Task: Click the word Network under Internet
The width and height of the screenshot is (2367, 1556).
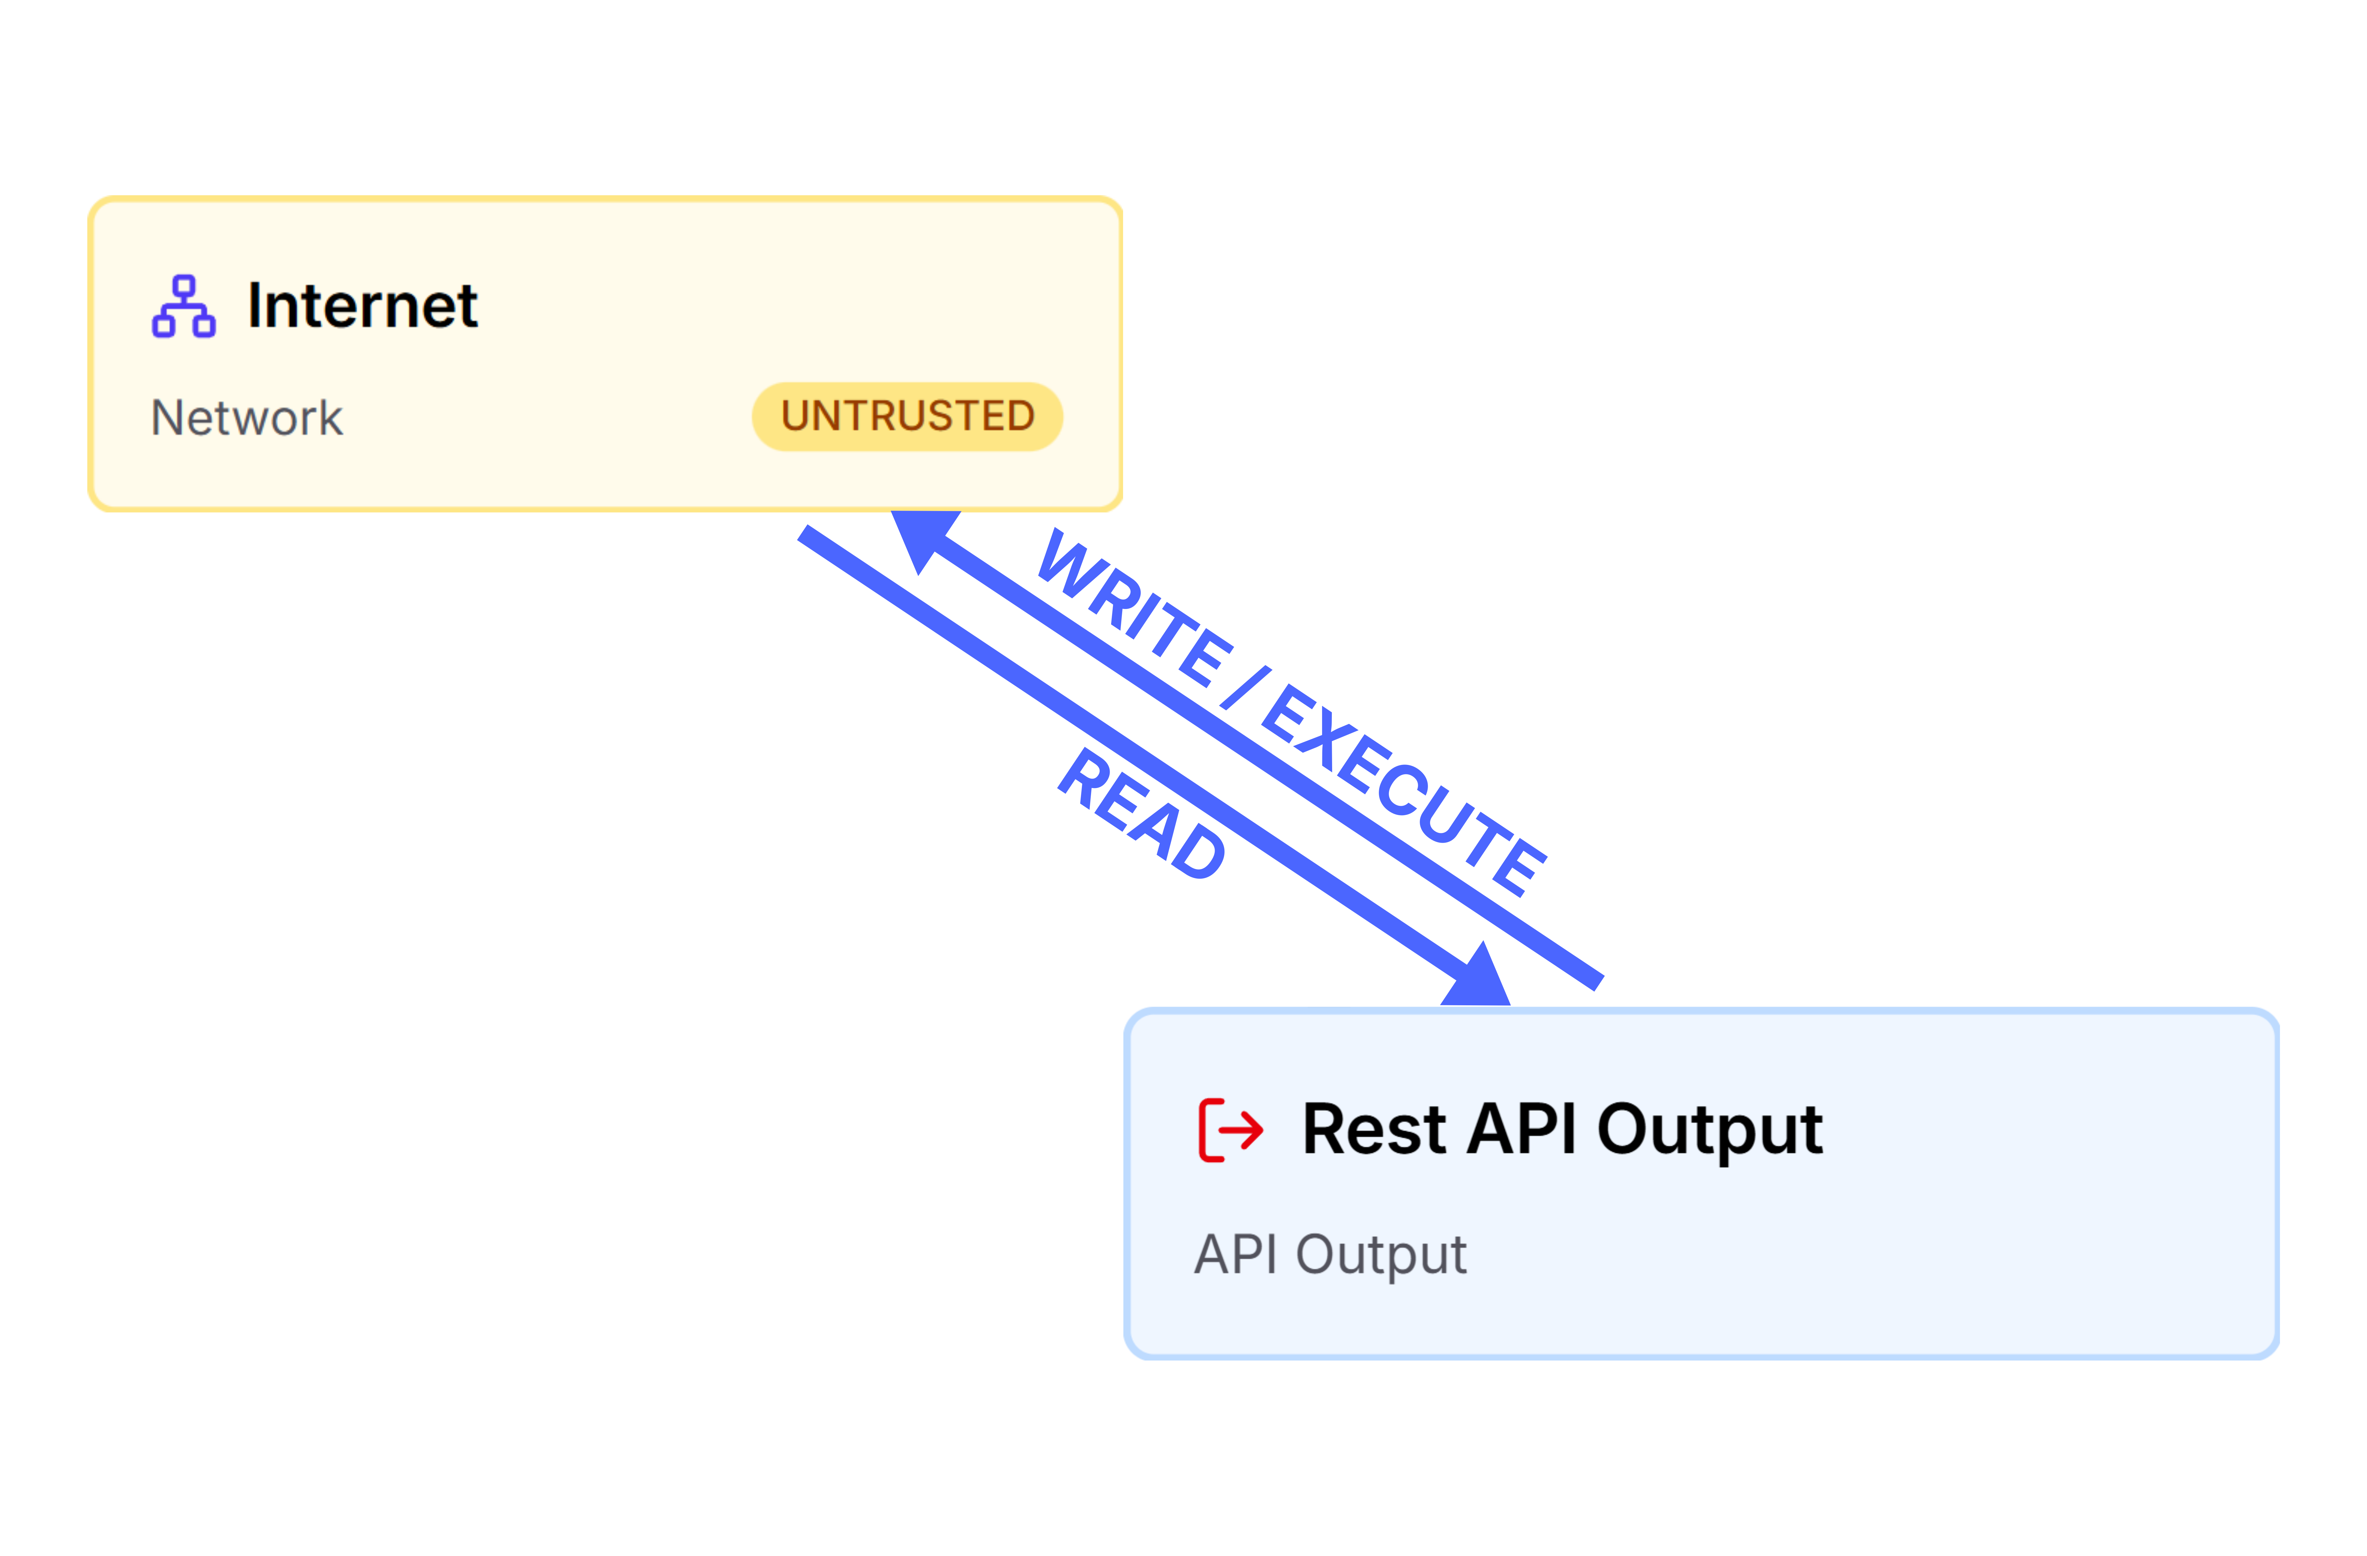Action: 247,418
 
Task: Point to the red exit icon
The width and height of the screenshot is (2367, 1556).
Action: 1230,1130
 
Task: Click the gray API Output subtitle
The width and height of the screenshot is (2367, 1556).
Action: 1330,1255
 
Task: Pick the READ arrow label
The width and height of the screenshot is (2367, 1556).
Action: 1142,813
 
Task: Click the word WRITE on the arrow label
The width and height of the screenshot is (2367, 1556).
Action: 1134,608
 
